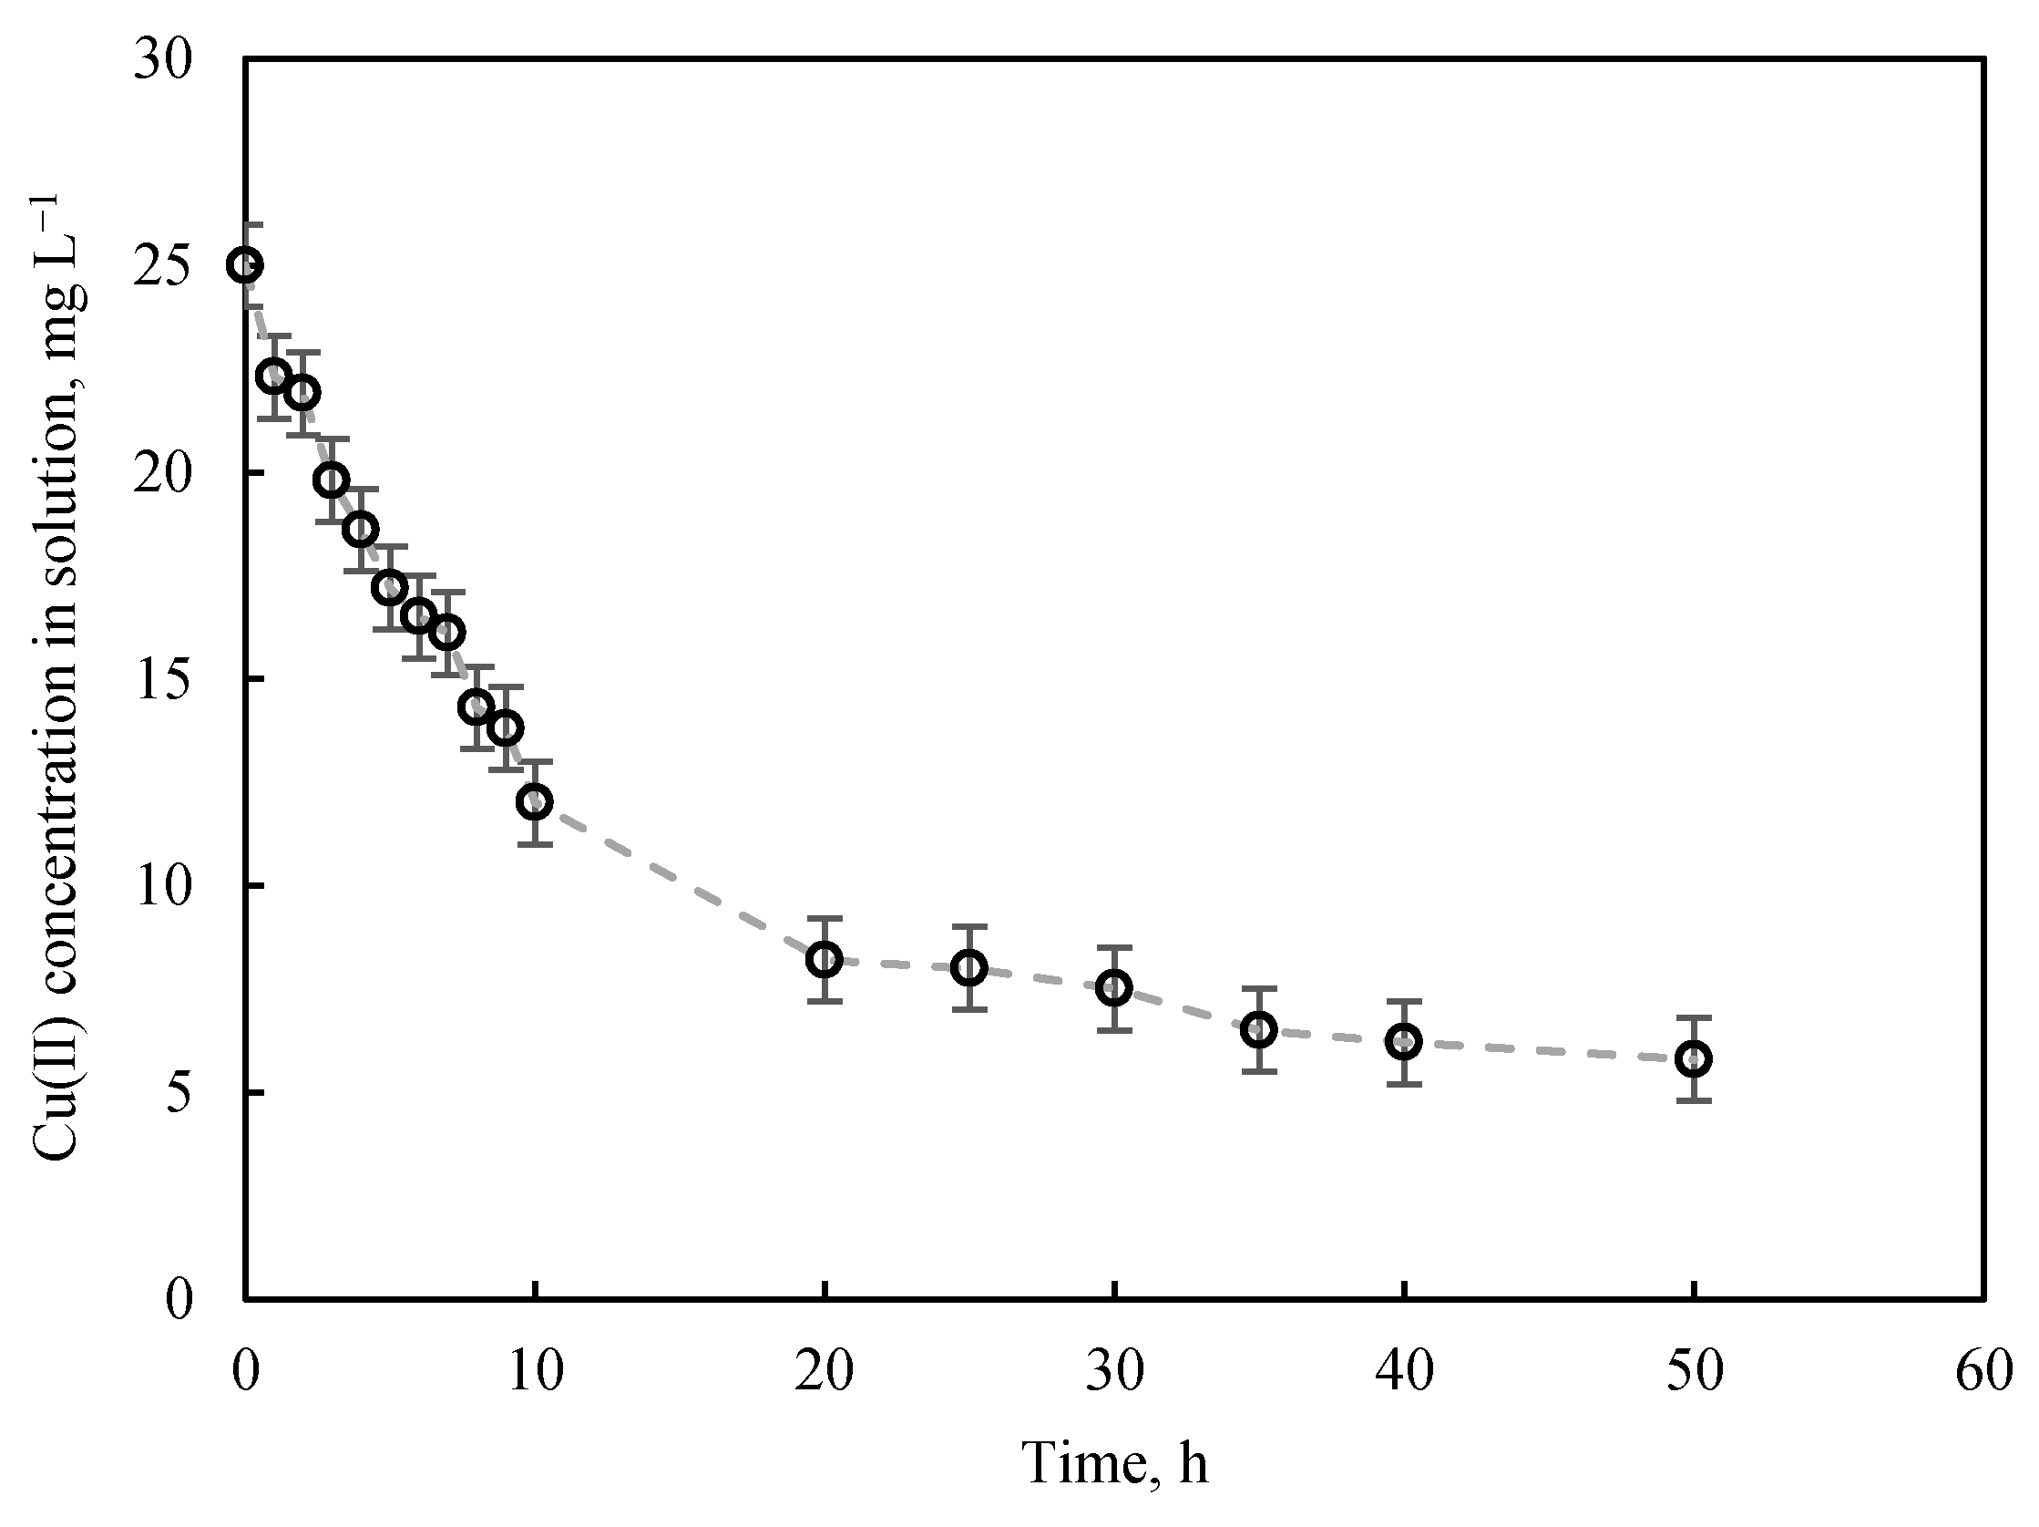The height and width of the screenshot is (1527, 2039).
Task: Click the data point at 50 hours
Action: pyautogui.click(x=1694, y=1059)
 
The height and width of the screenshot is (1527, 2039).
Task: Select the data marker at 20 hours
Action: pyautogui.click(x=825, y=960)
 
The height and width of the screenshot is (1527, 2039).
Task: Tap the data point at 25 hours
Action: pyautogui.click(x=968, y=967)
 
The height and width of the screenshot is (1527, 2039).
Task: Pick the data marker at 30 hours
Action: pyautogui.click(x=1114, y=988)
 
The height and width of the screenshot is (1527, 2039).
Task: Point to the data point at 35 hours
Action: pyautogui.click(x=1259, y=1030)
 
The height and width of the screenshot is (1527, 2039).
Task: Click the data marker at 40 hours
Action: pyautogui.click(x=1404, y=1042)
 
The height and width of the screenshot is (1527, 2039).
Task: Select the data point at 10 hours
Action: pyautogui.click(x=535, y=802)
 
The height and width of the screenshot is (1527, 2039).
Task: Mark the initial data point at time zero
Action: pyautogui.click(x=245, y=265)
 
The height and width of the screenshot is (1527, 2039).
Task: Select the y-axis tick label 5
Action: pyautogui.click(x=179, y=1094)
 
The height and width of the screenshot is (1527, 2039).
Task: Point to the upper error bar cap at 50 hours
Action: pyautogui.click(x=1694, y=1018)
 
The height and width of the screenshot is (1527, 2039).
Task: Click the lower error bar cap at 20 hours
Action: pyautogui.click(x=825, y=1001)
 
